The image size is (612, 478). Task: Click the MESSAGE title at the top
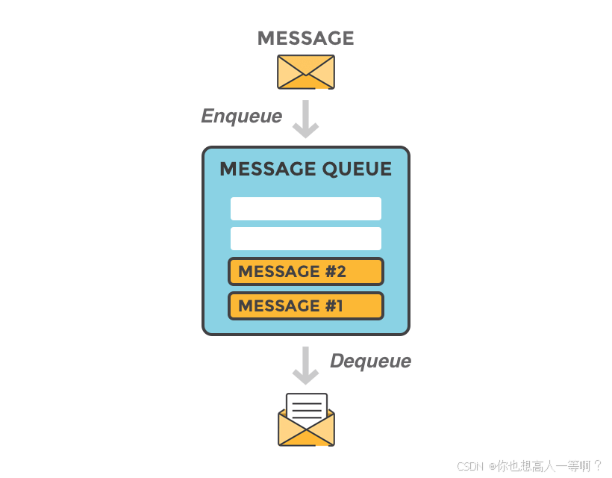[305, 38]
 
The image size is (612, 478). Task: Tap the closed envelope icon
[305, 72]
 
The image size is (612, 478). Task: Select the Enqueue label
[241, 116]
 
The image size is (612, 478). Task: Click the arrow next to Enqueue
[305, 119]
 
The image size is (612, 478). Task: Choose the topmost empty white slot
[305, 208]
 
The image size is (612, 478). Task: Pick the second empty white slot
[305, 238]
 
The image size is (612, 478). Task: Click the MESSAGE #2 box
[305, 271]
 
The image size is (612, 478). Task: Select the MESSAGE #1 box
[305, 305]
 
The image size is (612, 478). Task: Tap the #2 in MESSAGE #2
[336, 271]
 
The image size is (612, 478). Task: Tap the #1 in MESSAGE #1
[334, 305]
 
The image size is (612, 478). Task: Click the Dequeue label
[370, 361]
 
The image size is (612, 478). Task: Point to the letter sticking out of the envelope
[306, 407]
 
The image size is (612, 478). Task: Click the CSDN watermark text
[471, 466]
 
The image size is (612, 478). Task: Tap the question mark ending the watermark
[597, 466]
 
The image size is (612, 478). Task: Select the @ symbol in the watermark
[493, 466]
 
